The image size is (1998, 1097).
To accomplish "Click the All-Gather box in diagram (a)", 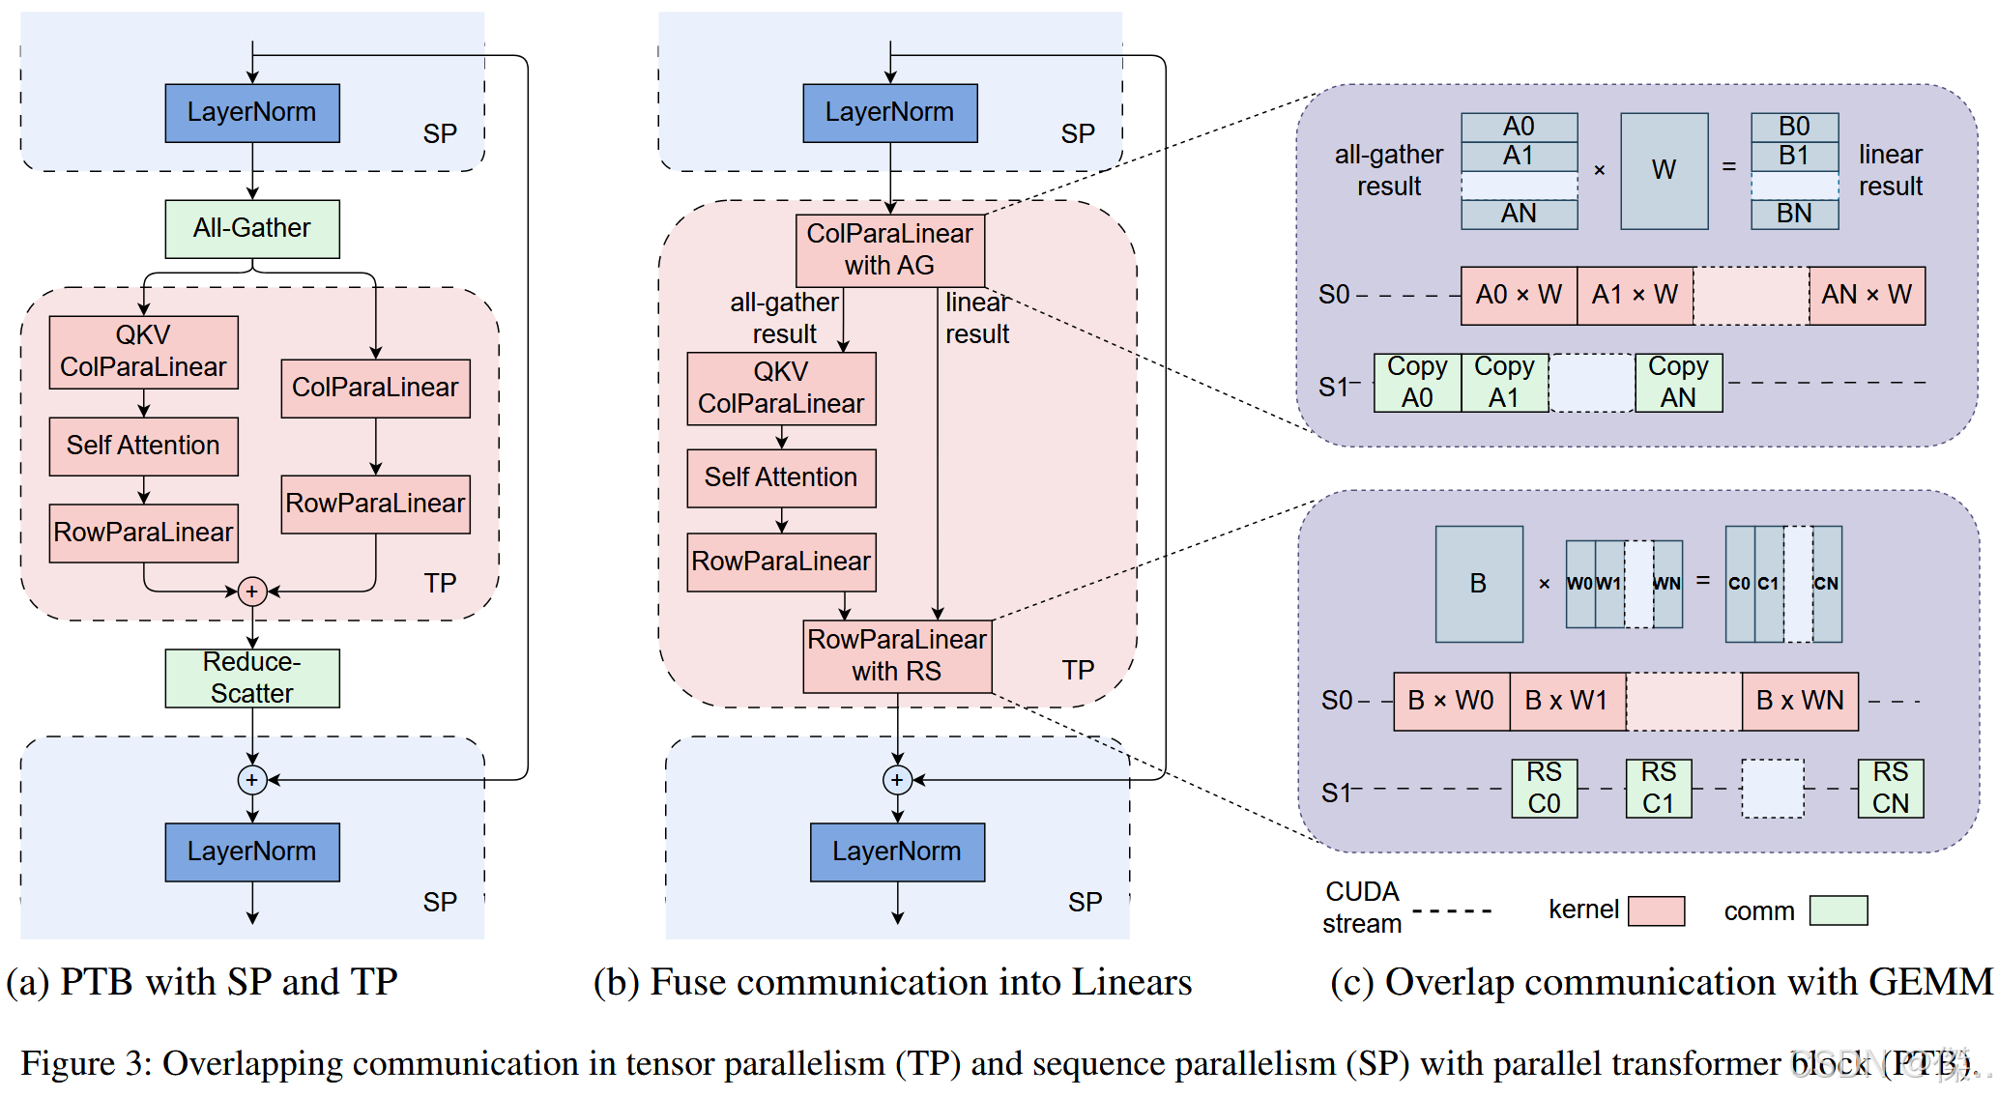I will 251,229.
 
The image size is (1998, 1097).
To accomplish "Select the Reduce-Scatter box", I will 251,678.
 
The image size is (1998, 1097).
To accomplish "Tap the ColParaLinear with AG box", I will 889,249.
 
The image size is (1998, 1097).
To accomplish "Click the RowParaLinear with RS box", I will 896,655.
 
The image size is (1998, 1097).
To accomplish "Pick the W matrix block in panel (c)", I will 1664,170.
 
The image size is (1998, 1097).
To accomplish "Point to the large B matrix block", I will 1478,584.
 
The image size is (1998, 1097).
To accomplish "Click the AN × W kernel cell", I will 1866,295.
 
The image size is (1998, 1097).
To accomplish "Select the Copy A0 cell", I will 1417,383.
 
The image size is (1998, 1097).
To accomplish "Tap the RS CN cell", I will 1890,788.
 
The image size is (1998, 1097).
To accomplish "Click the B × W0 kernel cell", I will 1450,701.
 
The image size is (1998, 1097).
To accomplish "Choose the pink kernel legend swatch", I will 1656,910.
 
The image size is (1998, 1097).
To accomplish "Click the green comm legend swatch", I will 1838,910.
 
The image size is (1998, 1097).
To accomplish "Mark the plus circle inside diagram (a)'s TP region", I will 252,591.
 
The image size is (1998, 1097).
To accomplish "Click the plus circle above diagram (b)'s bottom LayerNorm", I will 897,779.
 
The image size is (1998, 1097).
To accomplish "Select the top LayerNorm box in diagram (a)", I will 251,113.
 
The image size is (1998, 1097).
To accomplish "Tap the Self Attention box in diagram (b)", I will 781,477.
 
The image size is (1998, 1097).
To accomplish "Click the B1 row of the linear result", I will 1794,156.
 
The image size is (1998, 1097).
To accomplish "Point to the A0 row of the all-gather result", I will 1519,127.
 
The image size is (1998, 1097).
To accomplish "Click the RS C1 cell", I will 1658,788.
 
